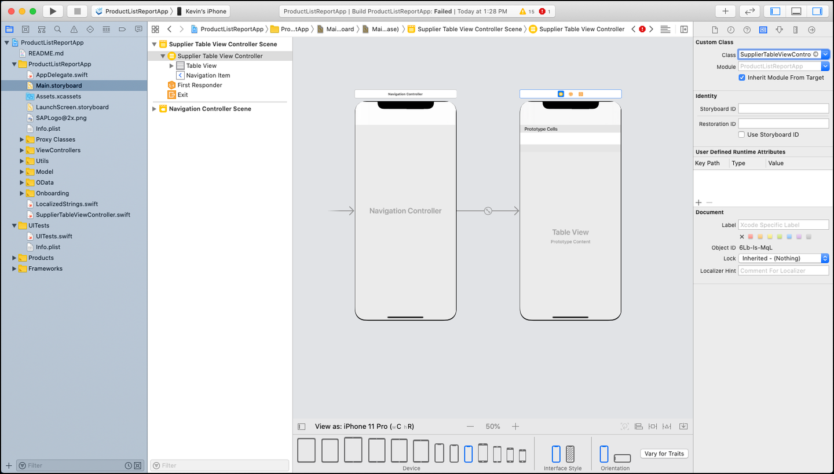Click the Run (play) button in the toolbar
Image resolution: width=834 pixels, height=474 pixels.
click(x=53, y=11)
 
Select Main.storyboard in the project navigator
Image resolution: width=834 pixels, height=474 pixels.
click(x=59, y=86)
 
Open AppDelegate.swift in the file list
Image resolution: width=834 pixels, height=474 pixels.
click(x=62, y=75)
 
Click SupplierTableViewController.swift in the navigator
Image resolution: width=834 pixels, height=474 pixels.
click(x=83, y=215)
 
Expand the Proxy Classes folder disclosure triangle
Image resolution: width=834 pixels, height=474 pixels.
click(x=21, y=139)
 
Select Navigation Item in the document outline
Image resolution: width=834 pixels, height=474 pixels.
click(x=208, y=75)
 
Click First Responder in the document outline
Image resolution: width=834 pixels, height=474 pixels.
click(x=200, y=85)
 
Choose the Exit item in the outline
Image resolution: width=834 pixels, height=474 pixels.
click(x=182, y=94)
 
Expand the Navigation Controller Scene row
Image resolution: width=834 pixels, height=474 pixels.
click(x=154, y=109)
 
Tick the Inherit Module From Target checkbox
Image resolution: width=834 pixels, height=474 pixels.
click(x=742, y=78)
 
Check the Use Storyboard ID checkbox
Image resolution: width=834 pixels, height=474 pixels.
click(x=741, y=135)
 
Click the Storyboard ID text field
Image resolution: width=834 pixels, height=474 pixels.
click(x=784, y=109)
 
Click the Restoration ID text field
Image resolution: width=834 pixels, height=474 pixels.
click(x=784, y=124)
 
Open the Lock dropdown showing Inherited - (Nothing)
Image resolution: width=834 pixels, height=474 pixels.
click(x=784, y=258)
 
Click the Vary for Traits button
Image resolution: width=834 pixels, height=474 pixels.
click(x=664, y=454)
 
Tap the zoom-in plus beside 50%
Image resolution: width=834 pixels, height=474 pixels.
click(x=515, y=427)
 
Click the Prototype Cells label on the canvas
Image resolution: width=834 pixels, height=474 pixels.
click(x=540, y=129)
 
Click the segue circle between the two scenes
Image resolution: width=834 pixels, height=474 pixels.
click(x=488, y=211)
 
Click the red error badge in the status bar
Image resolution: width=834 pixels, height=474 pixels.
click(x=542, y=11)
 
